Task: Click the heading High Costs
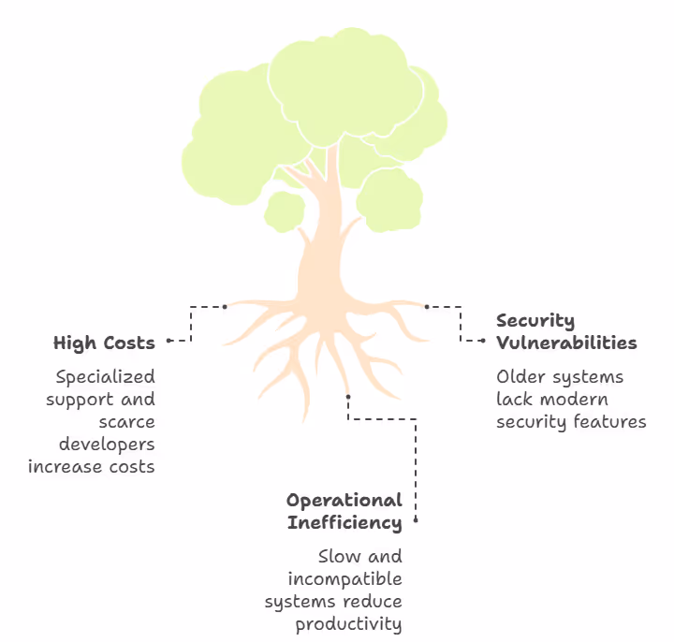pos(104,343)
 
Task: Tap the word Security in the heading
pos(535,322)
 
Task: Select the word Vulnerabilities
pos(566,343)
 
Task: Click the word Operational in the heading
pos(344,501)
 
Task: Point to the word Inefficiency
pos(344,522)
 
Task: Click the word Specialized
pos(105,377)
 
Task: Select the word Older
pos(520,377)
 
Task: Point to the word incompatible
pos(344,578)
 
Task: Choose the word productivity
pos(348,623)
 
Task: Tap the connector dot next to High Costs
pos(168,342)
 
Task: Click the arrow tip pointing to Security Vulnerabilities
pos(483,341)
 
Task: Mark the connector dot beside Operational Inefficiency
pos(416,520)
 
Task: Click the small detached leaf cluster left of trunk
pos(284,211)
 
